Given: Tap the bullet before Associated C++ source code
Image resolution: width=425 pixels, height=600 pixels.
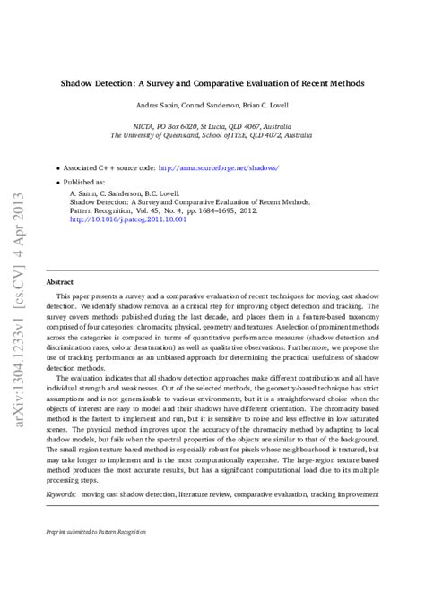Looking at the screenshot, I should (x=59, y=167).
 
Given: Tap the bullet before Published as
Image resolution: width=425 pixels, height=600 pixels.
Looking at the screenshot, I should (x=59, y=180).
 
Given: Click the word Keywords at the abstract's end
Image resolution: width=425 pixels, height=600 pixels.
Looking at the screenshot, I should (x=61, y=493).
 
